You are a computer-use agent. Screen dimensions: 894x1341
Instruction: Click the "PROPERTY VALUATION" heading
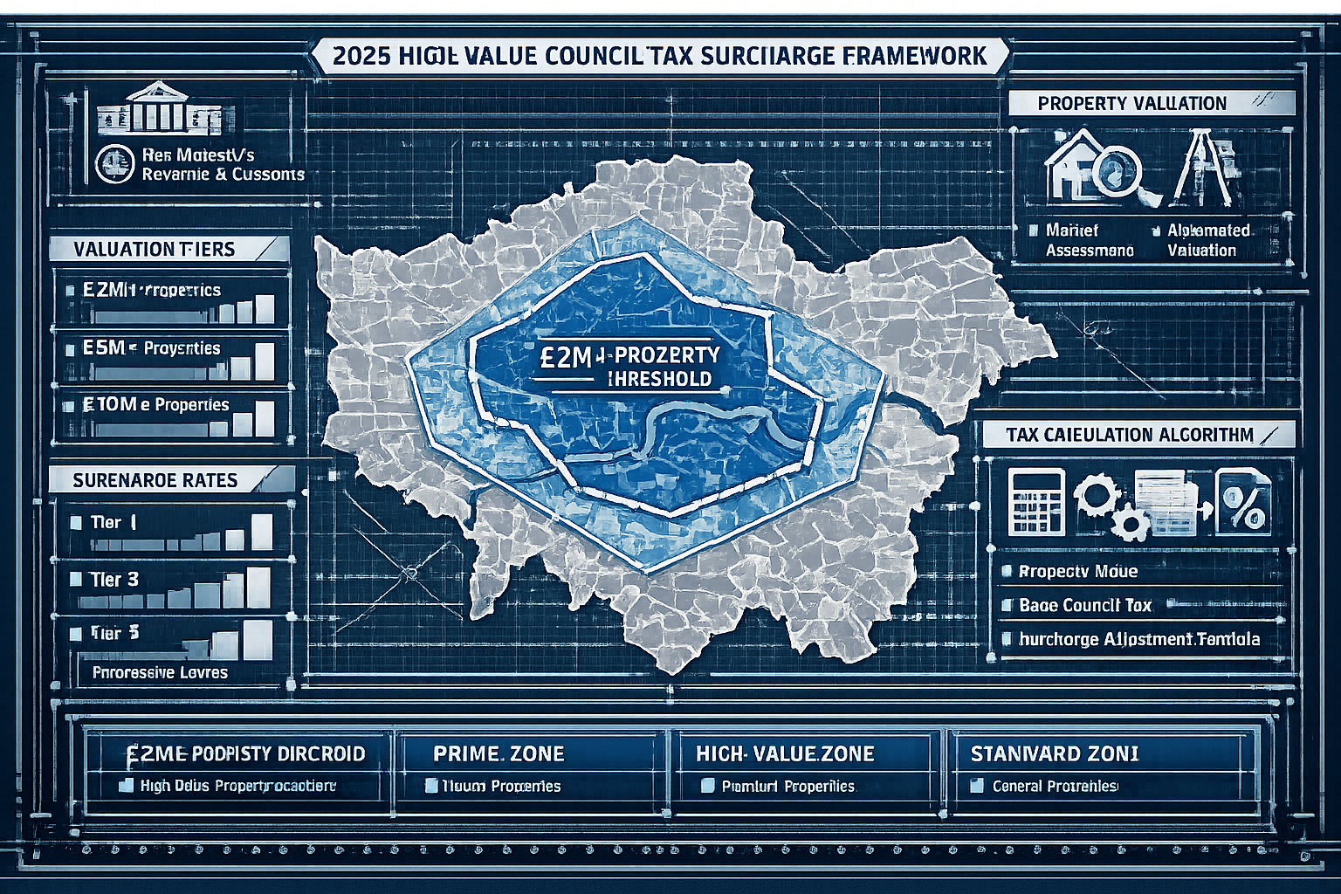click(x=1132, y=103)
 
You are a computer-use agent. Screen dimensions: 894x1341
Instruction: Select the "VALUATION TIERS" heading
click(x=154, y=249)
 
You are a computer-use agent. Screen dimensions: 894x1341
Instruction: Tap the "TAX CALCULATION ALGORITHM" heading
click(x=1129, y=435)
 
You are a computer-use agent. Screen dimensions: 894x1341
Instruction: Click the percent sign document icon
click(x=1244, y=501)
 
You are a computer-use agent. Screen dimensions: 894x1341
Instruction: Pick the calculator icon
click(x=1036, y=501)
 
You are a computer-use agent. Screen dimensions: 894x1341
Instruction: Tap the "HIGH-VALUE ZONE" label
click(x=785, y=753)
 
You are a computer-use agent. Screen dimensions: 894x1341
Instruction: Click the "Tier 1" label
click(x=113, y=523)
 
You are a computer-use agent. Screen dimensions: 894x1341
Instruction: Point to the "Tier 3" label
click(x=114, y=579)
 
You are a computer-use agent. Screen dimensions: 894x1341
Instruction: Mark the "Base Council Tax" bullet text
click(x=1085, y=605)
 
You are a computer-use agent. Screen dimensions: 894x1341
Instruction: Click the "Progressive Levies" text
click(x=160, y=672)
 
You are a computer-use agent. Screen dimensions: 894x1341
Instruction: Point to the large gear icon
click(x=1093, y=496)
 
